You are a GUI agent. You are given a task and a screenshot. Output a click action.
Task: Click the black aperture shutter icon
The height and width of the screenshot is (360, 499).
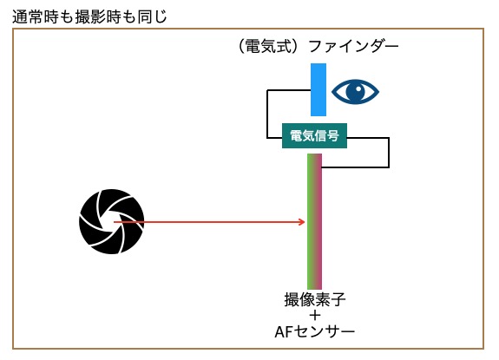111,222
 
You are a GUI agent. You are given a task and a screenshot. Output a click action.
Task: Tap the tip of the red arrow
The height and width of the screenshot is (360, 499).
305,222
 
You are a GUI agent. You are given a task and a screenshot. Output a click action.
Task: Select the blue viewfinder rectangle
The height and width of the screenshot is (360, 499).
318,89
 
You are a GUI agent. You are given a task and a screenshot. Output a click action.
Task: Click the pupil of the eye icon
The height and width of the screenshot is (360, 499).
356,91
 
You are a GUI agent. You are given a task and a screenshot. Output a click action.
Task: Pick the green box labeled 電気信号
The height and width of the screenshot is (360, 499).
314,136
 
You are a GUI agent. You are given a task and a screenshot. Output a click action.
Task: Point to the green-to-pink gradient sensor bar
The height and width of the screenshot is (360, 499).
314,221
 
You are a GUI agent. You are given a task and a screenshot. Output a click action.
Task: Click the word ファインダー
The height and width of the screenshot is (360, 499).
353,47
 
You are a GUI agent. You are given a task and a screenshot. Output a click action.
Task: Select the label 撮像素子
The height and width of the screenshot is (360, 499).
315,299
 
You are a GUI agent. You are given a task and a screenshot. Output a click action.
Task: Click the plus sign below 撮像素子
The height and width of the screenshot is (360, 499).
315,316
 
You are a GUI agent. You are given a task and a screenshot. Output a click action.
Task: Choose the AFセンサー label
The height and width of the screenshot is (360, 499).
314,332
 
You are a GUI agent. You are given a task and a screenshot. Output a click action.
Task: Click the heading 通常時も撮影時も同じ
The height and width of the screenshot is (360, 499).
89,16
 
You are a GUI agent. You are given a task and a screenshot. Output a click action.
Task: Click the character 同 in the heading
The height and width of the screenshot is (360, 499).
145,16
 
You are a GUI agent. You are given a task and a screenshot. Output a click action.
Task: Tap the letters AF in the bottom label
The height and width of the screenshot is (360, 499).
283,332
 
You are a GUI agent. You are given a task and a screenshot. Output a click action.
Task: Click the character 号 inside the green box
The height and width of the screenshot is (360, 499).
332,136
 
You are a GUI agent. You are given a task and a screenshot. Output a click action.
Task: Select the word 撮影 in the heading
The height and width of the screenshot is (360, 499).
89,16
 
